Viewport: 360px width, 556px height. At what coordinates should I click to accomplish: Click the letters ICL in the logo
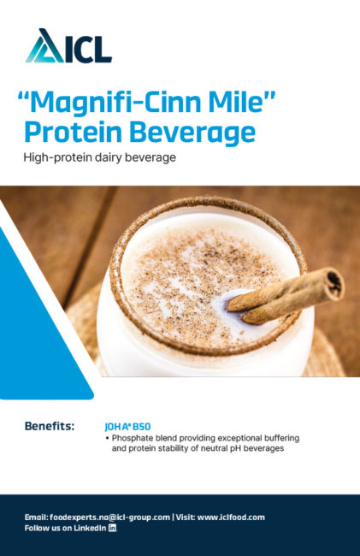88,50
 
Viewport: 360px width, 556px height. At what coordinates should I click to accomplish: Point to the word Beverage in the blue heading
192,133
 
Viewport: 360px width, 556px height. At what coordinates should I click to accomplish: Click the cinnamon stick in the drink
286,295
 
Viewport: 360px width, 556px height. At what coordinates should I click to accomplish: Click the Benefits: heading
50,426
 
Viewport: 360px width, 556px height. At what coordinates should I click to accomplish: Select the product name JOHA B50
127,427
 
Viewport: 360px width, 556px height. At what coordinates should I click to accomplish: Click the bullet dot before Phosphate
107,439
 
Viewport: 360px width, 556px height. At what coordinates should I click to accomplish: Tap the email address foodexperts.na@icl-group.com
109,518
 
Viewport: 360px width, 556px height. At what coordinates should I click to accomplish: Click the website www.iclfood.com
231,518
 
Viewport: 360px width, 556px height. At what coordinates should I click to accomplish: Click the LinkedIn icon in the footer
112,528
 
